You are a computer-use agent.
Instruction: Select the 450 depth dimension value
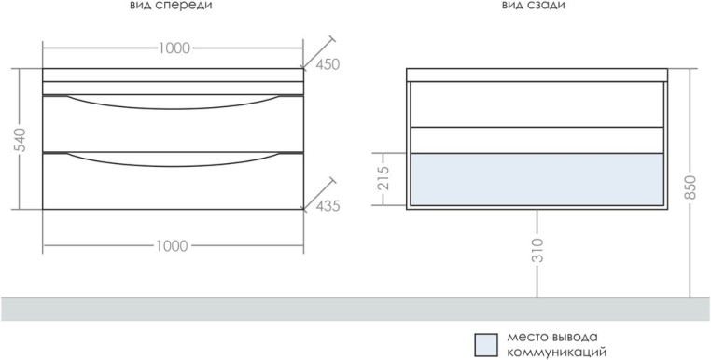(x=328, y=65)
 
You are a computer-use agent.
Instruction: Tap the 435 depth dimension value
(x=328, y=206)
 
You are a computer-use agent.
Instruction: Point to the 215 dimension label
(x=383, y=179)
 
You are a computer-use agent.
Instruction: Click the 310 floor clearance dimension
(x=537, y=250)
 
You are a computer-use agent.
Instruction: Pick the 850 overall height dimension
(x=690, y=187)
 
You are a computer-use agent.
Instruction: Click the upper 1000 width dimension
(x=174, y=48)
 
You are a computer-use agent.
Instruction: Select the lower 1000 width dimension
(x=173, y=246)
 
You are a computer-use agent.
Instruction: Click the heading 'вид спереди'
(x=171, y=6)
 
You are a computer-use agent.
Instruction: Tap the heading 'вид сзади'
(x=534, y=5)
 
